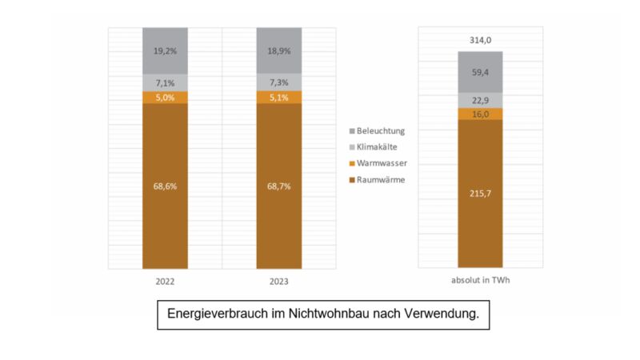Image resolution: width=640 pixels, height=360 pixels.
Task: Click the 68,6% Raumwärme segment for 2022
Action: point(165,186)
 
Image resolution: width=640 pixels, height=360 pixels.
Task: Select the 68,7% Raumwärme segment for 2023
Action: point(278,186)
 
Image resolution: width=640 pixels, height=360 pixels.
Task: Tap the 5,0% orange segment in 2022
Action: point(165,97)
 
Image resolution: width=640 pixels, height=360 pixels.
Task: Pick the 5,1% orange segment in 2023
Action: point(278,97)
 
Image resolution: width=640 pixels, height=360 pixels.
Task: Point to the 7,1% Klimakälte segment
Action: point(165,82)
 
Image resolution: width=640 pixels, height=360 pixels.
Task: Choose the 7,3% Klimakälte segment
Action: point(278,82)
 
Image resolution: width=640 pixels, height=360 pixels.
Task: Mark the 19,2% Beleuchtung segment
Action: point(165,50)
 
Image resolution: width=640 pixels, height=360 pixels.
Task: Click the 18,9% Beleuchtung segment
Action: point(278,50)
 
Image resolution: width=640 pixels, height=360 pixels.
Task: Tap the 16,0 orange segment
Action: point(480,114)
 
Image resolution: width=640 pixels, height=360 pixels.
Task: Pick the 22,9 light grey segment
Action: point(480,100)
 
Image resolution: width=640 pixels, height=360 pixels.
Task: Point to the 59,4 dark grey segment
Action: point(480,71)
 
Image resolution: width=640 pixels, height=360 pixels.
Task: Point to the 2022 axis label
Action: point(165,282)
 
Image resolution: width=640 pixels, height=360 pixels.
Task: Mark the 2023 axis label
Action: point(278,282)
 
